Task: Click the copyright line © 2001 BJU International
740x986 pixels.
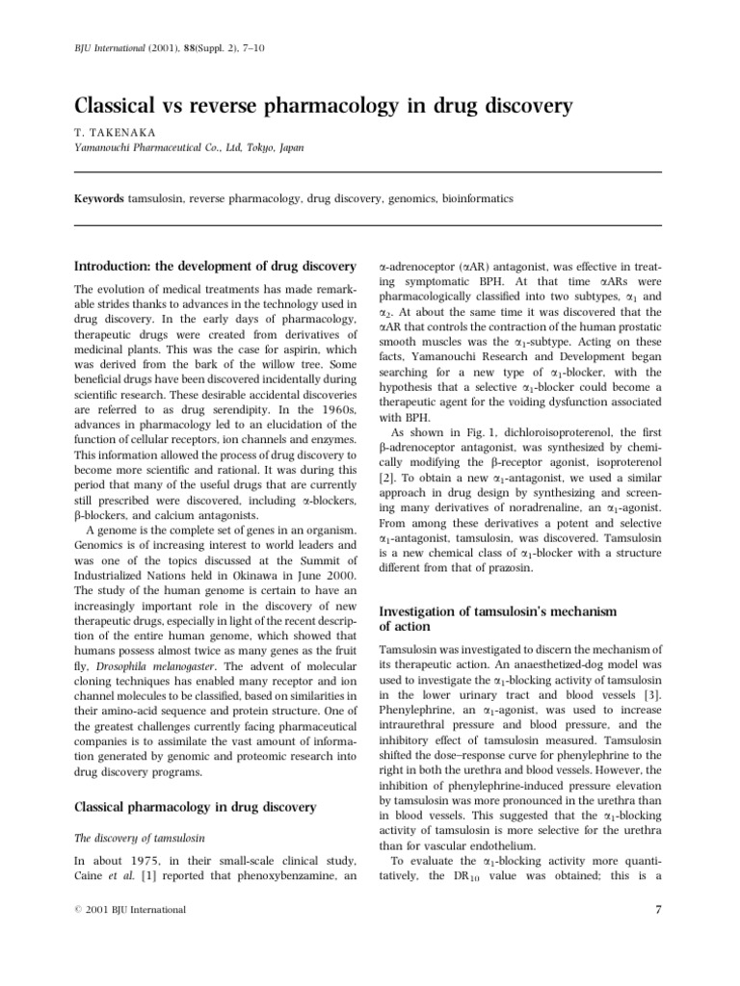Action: [x=130, y=910]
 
